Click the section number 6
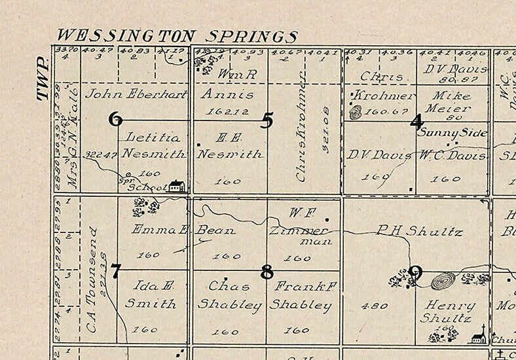pos(115,119)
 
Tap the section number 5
pos(266,120)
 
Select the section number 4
pos(416,121)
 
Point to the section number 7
pos(115,270)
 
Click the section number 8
pos(266,271)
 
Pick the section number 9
pos(416,272)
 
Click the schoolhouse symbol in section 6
pos(175,186)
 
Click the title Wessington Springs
pos(177,36)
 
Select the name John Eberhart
pos(136,93)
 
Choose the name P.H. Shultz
pos(419,231)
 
